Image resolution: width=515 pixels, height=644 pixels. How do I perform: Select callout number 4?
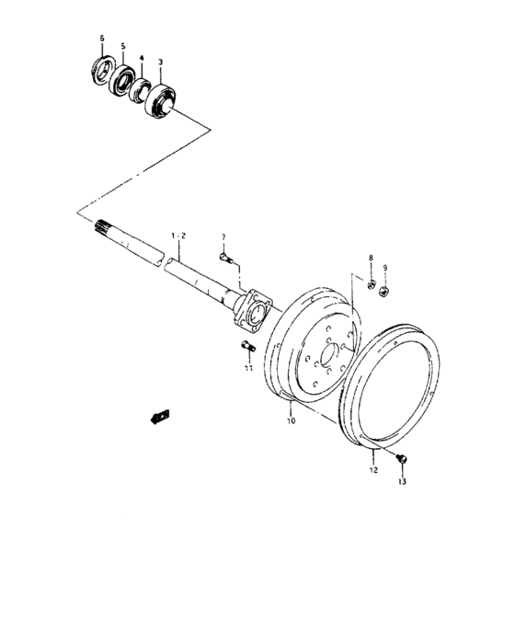click(x=142, y=58)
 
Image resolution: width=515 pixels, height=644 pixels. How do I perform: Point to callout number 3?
click(x=161, y=63)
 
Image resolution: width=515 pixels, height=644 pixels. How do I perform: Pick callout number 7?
click(x=222, y=236)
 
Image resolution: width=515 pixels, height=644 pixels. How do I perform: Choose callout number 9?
click(x=385, y=269)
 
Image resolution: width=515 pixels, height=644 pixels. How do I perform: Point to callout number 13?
click(x=401, y=480)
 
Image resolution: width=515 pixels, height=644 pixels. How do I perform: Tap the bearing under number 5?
click(x=121, y=80)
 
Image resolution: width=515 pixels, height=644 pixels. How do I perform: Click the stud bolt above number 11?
click(x=246, y=347)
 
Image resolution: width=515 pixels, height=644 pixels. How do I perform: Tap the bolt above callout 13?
click(x=401, y=458)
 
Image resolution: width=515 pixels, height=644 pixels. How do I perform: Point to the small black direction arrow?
click(x=158, y=416)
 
